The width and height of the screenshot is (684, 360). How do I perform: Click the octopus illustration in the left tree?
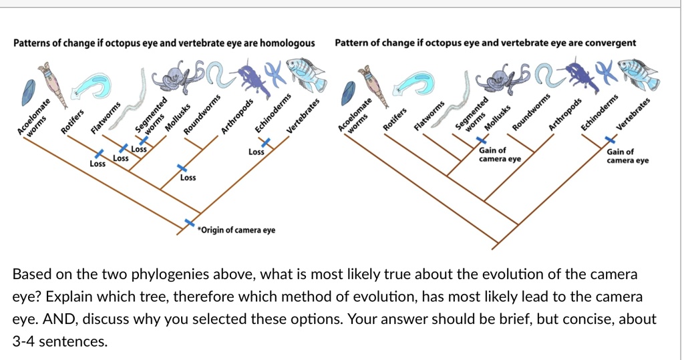click(175, 78)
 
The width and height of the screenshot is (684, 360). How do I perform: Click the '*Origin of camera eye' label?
click(236, 230)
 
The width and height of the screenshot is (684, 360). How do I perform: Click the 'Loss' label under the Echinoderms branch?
click(256, 152)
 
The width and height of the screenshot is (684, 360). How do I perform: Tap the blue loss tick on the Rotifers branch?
click(98, 154)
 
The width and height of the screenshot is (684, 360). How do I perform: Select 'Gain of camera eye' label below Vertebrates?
click(627, 156)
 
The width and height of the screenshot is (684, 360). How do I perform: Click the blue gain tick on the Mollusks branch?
click(478, 142)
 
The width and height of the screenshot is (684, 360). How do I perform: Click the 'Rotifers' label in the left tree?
click(72, 120)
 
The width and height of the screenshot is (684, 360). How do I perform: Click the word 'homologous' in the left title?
click(287, 43)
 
